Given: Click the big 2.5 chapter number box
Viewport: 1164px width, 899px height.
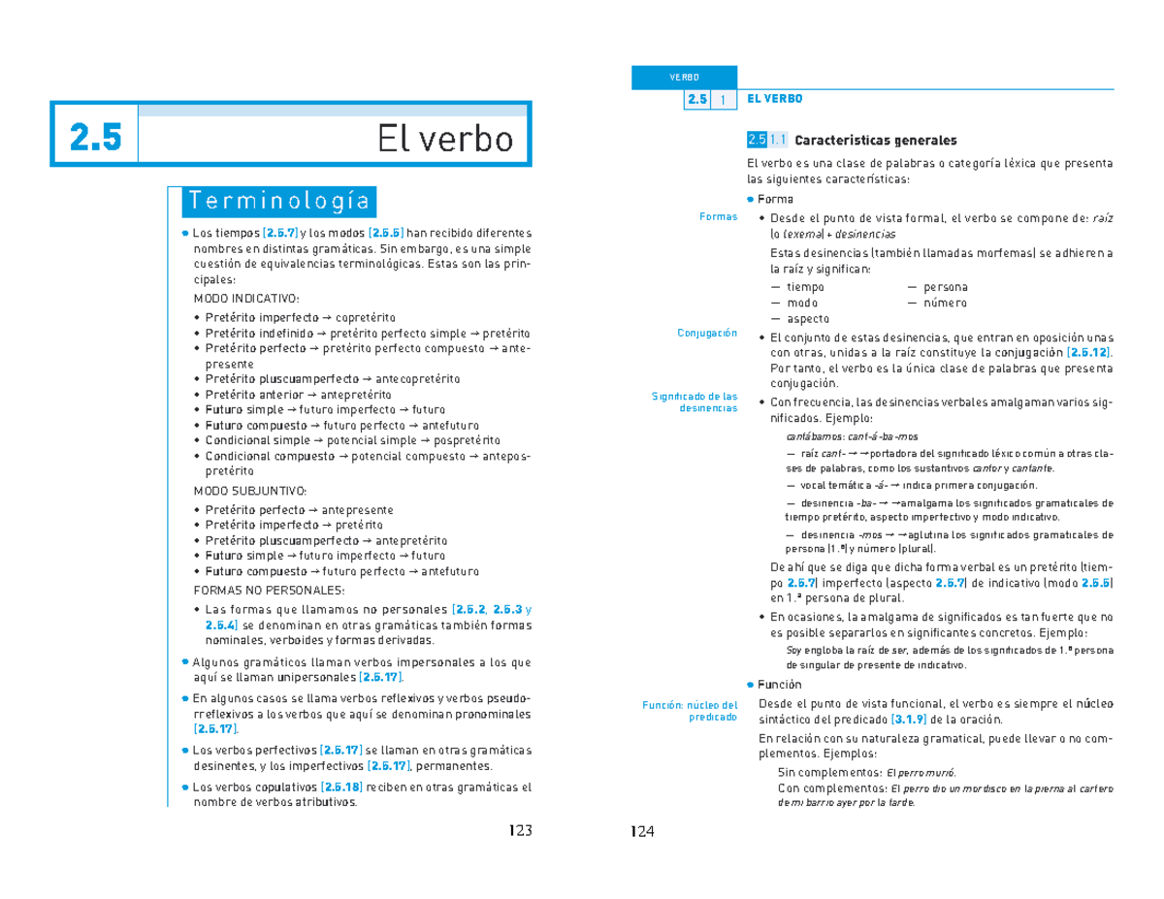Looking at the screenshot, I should coord(95,139).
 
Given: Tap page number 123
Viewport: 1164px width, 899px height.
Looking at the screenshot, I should coord(520,830).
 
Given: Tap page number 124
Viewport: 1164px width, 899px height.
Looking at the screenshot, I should coord(642,831).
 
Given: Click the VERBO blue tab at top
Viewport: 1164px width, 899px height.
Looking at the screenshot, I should coord(684,78).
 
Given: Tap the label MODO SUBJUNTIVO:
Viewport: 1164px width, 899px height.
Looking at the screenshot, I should coord(250,491).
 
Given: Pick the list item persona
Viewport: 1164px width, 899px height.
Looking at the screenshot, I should coord(945,287).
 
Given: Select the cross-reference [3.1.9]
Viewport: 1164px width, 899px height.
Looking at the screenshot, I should coord(909,720).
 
